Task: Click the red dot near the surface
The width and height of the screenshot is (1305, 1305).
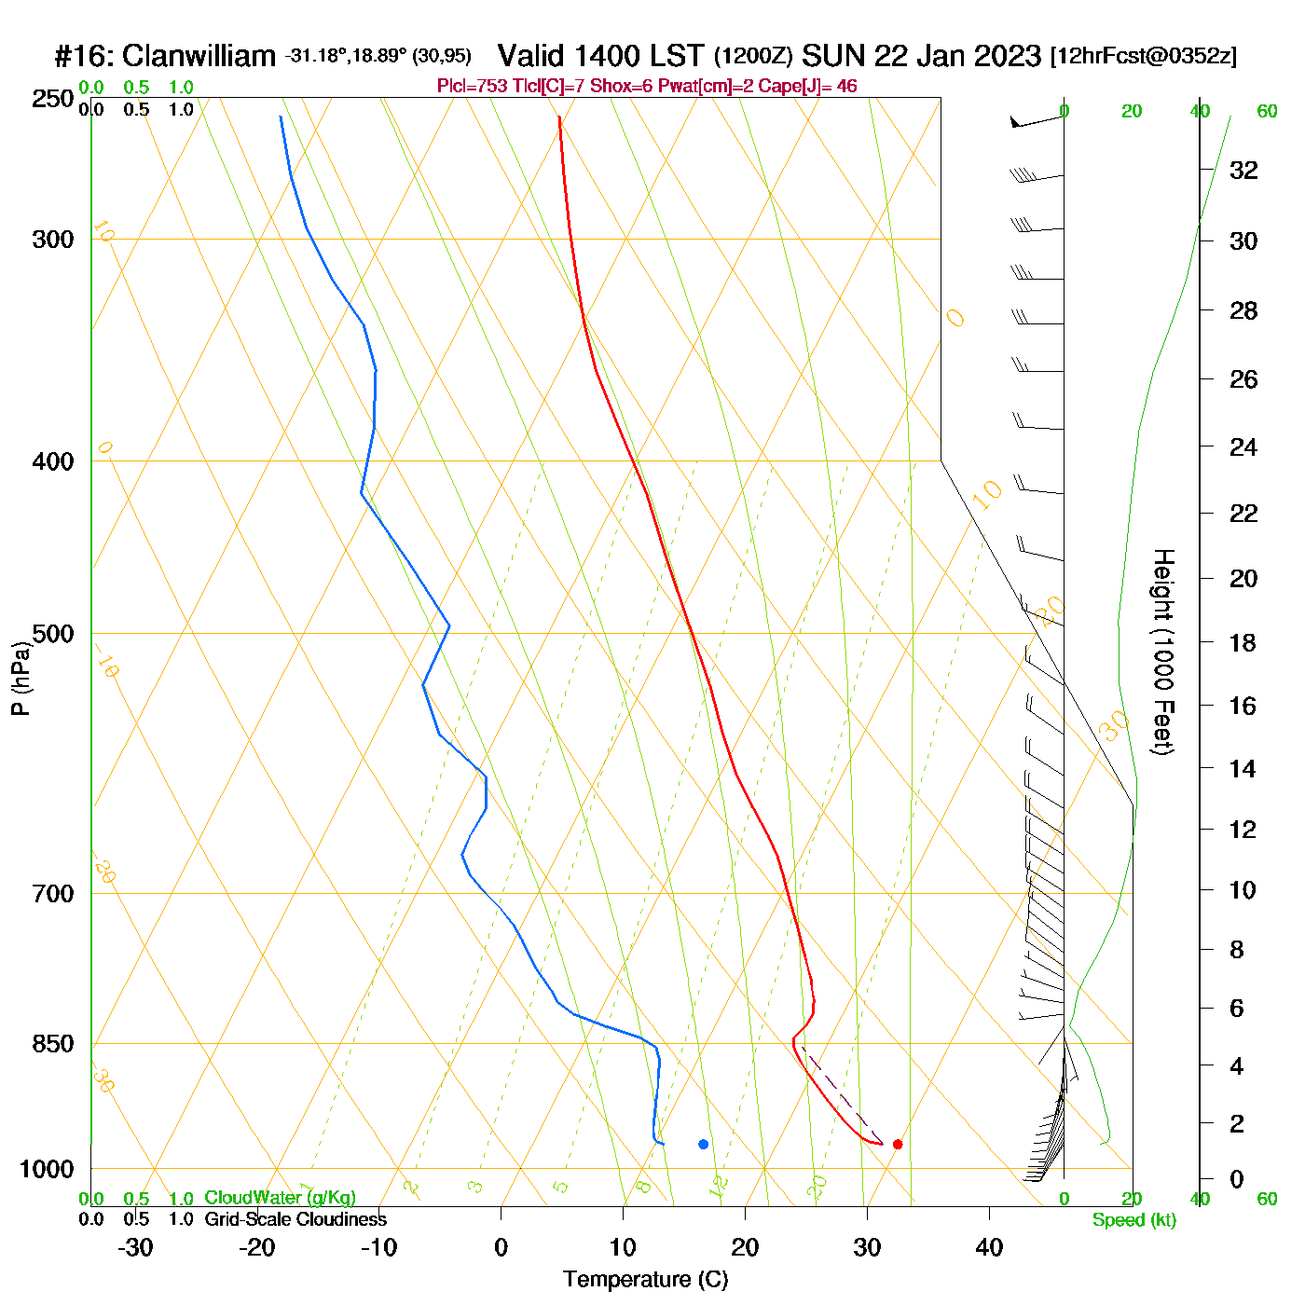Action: (x=898, y=1144)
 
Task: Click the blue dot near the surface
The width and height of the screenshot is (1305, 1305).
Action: (x=703, y=1144)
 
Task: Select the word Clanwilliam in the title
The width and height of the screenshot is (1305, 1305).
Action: (x=199, y=56)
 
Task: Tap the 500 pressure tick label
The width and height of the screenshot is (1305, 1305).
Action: (x=53, y=634)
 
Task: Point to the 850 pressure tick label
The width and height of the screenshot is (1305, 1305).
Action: (x=53, y=1044)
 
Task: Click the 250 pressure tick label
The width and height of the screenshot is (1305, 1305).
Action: (x=53, y=99)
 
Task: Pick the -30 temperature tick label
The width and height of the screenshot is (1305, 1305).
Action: (x=135, y=1247)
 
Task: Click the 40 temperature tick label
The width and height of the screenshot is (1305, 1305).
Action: (x=989, y=1247)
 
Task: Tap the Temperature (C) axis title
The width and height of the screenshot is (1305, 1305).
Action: (x=645, y=1280)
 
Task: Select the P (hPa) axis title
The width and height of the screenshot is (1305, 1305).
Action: (x=21, y=679)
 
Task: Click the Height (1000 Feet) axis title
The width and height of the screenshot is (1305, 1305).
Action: (x=1163, y=652)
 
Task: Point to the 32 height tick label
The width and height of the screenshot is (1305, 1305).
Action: (x=1243, y=171)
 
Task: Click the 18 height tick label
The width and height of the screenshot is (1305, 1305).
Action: (x=1243, y=642)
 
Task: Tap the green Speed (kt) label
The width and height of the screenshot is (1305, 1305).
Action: (x=1133, y=1220)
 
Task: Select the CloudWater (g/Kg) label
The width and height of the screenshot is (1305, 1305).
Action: (x=280, y=1198)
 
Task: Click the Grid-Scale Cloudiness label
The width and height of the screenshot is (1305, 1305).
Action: (x=295, y=1219)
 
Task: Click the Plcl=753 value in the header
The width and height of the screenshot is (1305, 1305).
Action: (x=473, y=87)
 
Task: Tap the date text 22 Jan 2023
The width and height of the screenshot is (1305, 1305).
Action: (x=957, y=56)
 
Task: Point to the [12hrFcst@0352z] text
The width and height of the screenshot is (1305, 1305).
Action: (x=1144, y=56)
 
